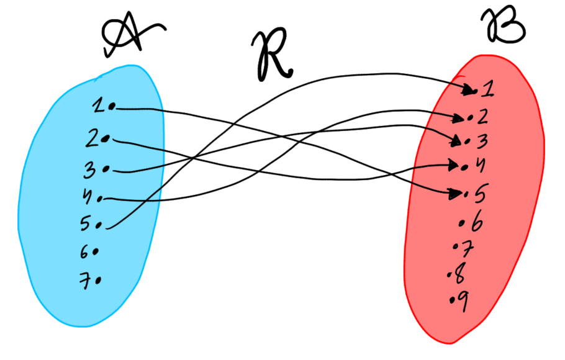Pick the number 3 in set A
point(91,168)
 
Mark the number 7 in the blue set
point(85,281)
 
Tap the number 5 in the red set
point(479,194)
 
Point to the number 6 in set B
point(477,222)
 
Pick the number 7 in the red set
point(469,249)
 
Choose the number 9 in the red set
point(463,300)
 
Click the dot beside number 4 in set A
point(99,199)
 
